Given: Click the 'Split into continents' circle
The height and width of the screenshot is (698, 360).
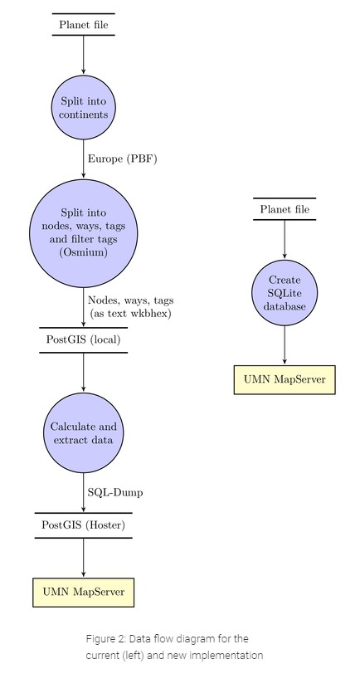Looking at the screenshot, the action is click(x=84, y=107).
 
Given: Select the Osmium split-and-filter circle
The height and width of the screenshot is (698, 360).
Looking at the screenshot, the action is click(x=84, y=232).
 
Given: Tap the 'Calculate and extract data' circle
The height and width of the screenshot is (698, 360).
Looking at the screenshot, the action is click(x=84, y=432).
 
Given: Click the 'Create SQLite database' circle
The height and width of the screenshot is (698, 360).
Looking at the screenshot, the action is click(x=285, y=293).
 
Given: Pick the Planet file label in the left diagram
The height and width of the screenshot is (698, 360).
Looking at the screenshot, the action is click(x=84, y=24).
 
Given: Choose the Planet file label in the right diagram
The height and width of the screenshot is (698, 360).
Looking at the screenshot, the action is click(x=285, y=209).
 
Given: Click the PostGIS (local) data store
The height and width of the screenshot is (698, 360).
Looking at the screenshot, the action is click(x=84, y=339).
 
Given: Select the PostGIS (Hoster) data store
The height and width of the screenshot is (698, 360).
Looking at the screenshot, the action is click(x=84, y=525).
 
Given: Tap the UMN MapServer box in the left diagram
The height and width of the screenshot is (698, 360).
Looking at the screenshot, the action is click(x=84, y=592).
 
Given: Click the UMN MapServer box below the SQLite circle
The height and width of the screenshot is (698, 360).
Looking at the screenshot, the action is click(x=285, y=380).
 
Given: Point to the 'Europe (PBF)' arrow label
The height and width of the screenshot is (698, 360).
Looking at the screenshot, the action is click(x=123, y=159).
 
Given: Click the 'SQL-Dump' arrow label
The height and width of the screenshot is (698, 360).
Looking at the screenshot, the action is click(x=115, y=493).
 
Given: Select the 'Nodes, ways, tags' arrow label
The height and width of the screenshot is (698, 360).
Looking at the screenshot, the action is click(x=131, y=300).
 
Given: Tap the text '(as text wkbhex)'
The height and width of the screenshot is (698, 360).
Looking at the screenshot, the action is click(x=131, y=314).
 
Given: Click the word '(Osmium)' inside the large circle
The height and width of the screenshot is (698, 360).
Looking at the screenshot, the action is click(x=84, y=252).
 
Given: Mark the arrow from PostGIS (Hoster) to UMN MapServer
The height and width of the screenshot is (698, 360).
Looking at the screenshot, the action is click(x=84, y=558).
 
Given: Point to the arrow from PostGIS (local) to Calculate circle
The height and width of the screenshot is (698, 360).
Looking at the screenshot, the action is click(x=84, y=372).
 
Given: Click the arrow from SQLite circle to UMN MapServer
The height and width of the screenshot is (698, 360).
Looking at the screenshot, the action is click(x=285, y=345).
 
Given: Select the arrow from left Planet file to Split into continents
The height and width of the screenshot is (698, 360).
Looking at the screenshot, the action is click(x=84, y=55).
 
